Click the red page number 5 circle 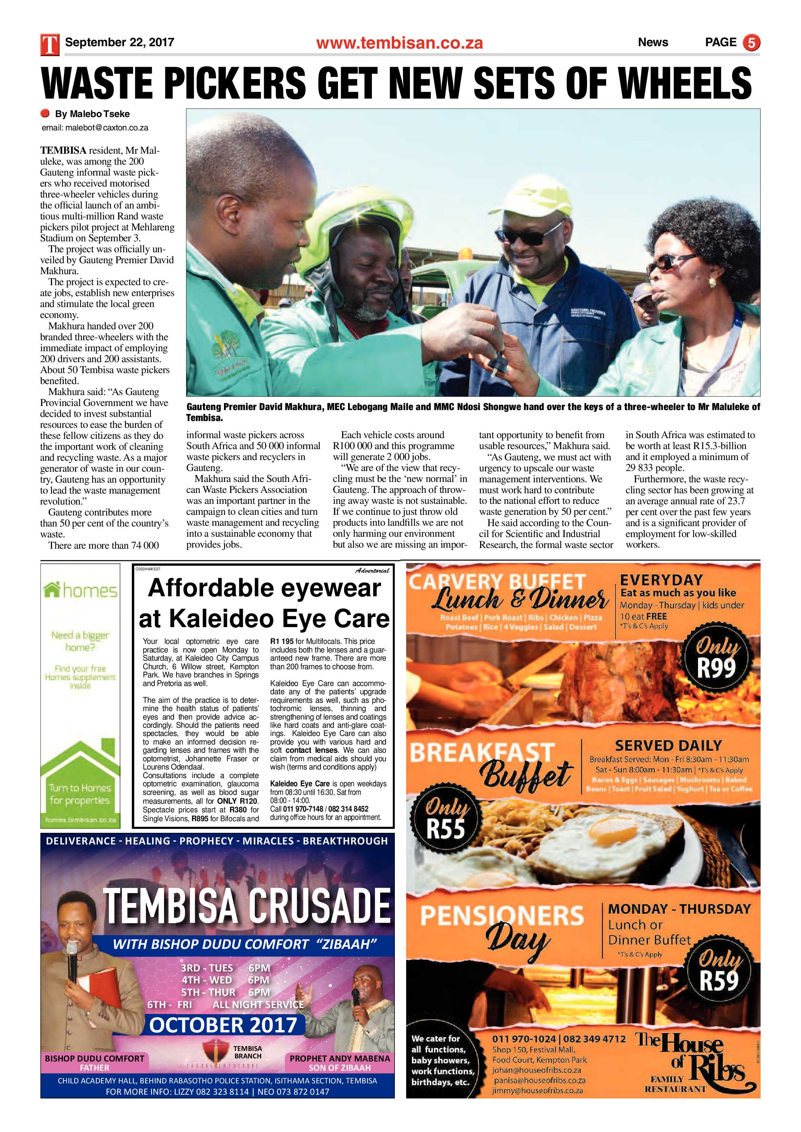(751, 43)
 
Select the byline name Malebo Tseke (93, 114)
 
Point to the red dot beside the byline (46, 113)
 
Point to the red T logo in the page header (50, 43)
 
